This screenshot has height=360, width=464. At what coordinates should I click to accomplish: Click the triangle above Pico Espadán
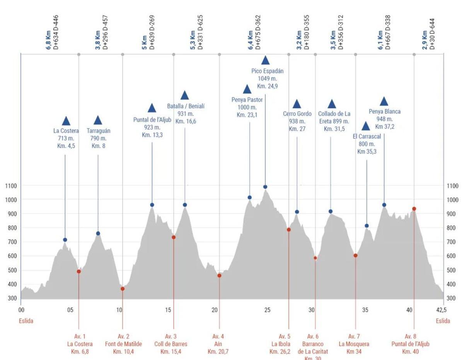pyautogui.click(x=265, y=60)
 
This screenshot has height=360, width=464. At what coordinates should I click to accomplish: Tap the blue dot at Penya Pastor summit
pyautogui.click(x=250, y=197)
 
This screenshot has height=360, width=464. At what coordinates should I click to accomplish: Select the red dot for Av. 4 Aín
pyautogui.click(x=219, y=275)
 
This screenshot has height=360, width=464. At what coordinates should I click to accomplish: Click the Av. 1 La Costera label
pyautogui.click(x=80, y=344)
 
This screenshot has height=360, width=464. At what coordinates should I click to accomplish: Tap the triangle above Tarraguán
pyautogui.click(x=98, y=121)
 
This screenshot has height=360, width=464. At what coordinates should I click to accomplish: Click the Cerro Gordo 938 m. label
pyautogui.click(x=297, y=121)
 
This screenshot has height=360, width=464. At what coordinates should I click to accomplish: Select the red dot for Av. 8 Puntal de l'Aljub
pyautogui.click(x=414, y=209)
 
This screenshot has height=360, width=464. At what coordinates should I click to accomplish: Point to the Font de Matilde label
pyautogui.click(x=123, y=344)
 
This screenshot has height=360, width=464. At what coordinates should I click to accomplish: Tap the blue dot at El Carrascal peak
pyautogui.click(x=367, y=226)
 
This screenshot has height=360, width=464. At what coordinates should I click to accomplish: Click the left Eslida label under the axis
pyautogui.click(x=26, y=321)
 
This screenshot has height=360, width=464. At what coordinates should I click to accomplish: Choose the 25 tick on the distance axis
pyautogui.click(x=268, y=310)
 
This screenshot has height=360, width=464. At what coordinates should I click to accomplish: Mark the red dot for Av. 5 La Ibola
pyautogui.click(x=288, y=229)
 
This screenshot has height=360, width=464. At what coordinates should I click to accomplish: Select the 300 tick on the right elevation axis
pyautogui.click(x=452, y=298)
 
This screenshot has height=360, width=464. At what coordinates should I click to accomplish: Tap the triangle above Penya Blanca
pyautogui.click(x=384, y=102)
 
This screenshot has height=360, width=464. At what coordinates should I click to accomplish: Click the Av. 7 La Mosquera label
pyautogui.click(x=354, y=344)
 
